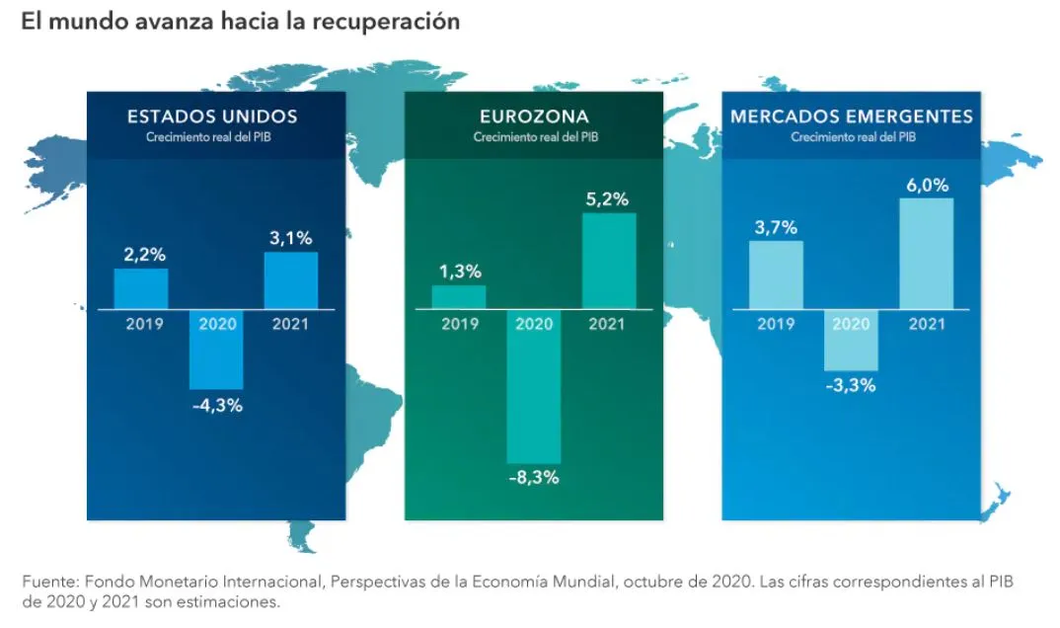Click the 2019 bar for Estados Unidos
[x=141, y=288]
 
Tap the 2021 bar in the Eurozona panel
[x=609, y=261]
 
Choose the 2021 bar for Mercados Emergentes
[x=927, y=254]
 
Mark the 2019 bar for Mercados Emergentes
[x=776, y=275]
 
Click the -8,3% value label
[x=534, y=479]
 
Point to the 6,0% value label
[x=927, y=186]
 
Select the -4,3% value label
[x=216, y=405]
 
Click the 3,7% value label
[x=776, y=228]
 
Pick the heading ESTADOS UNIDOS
[x=212, y=117]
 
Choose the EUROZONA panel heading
[x=534, y=117]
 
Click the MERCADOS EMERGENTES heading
[x=852, y=117]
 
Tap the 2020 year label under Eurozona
[x=534, y=324]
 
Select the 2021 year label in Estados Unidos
[x=291, y=324]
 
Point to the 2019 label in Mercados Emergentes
[x=776, y=324]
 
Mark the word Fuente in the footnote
[x=46, y=583]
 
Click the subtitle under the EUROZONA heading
[x=534, y=137]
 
